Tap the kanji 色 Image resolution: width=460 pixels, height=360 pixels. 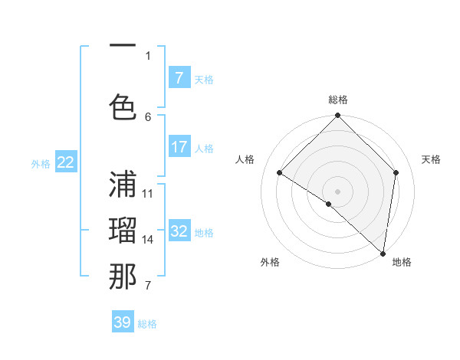point(123,105)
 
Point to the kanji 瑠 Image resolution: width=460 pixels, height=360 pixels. point(123,229)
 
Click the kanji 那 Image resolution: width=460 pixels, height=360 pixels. point(123,277)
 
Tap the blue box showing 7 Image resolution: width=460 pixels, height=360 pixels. point(179,78)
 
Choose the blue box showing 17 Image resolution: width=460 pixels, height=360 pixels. point(179,147)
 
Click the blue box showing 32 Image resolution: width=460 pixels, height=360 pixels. point(179,231)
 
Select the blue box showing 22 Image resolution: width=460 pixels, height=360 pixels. point(66,162)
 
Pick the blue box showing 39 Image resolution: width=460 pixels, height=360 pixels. point(123,322)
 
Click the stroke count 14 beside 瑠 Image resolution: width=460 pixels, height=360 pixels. point(148,240)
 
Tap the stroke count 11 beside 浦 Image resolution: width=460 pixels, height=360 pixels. point(148,193)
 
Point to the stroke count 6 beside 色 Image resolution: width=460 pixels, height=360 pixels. point(148,116)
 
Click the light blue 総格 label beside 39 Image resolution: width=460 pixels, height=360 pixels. point(147,324)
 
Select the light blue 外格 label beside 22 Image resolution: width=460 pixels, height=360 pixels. point(41,163)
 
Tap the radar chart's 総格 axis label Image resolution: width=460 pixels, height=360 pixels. point(338,100)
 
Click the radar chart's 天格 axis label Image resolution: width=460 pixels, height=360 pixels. point(431,159)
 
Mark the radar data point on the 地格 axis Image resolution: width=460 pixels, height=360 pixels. point(383,253)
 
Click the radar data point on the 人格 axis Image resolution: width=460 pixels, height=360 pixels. point(280,172)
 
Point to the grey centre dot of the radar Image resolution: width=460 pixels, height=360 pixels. point(337,191)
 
